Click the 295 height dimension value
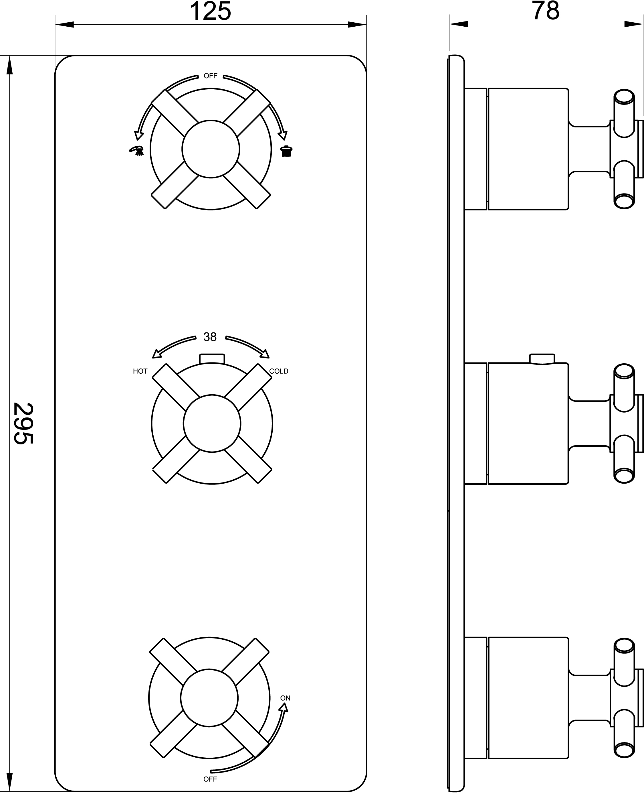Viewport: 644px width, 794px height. click(23, 423)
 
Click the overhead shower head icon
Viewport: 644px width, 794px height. click(286, 151)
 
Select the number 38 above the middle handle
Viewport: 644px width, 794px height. click(210, 337)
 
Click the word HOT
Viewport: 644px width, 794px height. click(140, 371)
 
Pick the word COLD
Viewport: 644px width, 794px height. click(279, 371)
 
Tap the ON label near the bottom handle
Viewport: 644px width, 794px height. click(285, 698)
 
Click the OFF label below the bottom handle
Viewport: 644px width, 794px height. click(210, 779)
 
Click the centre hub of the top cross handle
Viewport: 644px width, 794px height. click(211, 149)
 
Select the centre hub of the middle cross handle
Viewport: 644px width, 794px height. click(212, 423)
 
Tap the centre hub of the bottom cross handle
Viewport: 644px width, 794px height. click(209, 698)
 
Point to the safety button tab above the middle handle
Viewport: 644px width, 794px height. click(212, 358)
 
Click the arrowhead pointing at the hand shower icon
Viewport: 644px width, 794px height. click(139, 135)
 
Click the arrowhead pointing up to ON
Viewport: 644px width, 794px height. click(284, 707)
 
